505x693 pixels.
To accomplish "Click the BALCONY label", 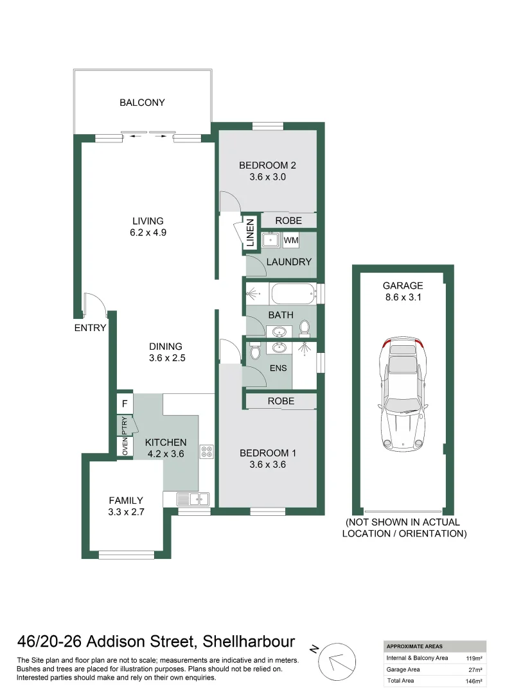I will [142, 103].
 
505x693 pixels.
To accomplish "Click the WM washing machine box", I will [291, 240].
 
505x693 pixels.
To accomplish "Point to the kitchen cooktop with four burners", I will [206, 451].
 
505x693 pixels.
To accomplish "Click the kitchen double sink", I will [191, 498].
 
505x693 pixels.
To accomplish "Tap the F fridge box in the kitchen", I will [125, 405].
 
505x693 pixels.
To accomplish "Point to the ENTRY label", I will [90, 328].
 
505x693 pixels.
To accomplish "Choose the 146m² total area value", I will [473, 681].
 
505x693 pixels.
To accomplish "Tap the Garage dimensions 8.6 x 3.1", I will [403, 297].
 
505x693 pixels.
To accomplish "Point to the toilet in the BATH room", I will [305, 328].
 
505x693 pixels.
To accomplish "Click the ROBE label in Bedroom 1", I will [280, 401].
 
